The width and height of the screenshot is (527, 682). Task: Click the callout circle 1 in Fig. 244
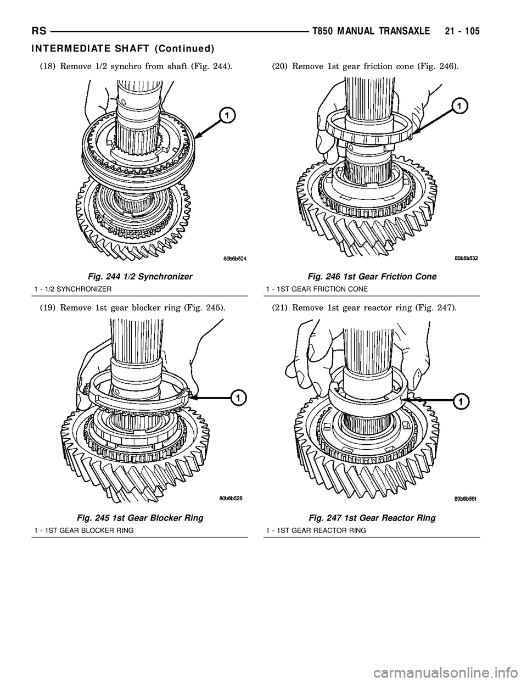pos(224,114)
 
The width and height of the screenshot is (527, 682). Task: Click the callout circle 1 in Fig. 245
pos(237,396)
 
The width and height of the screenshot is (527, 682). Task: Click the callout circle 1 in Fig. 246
pos(459,105)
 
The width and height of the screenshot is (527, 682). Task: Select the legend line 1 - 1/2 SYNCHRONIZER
pos(77,288)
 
